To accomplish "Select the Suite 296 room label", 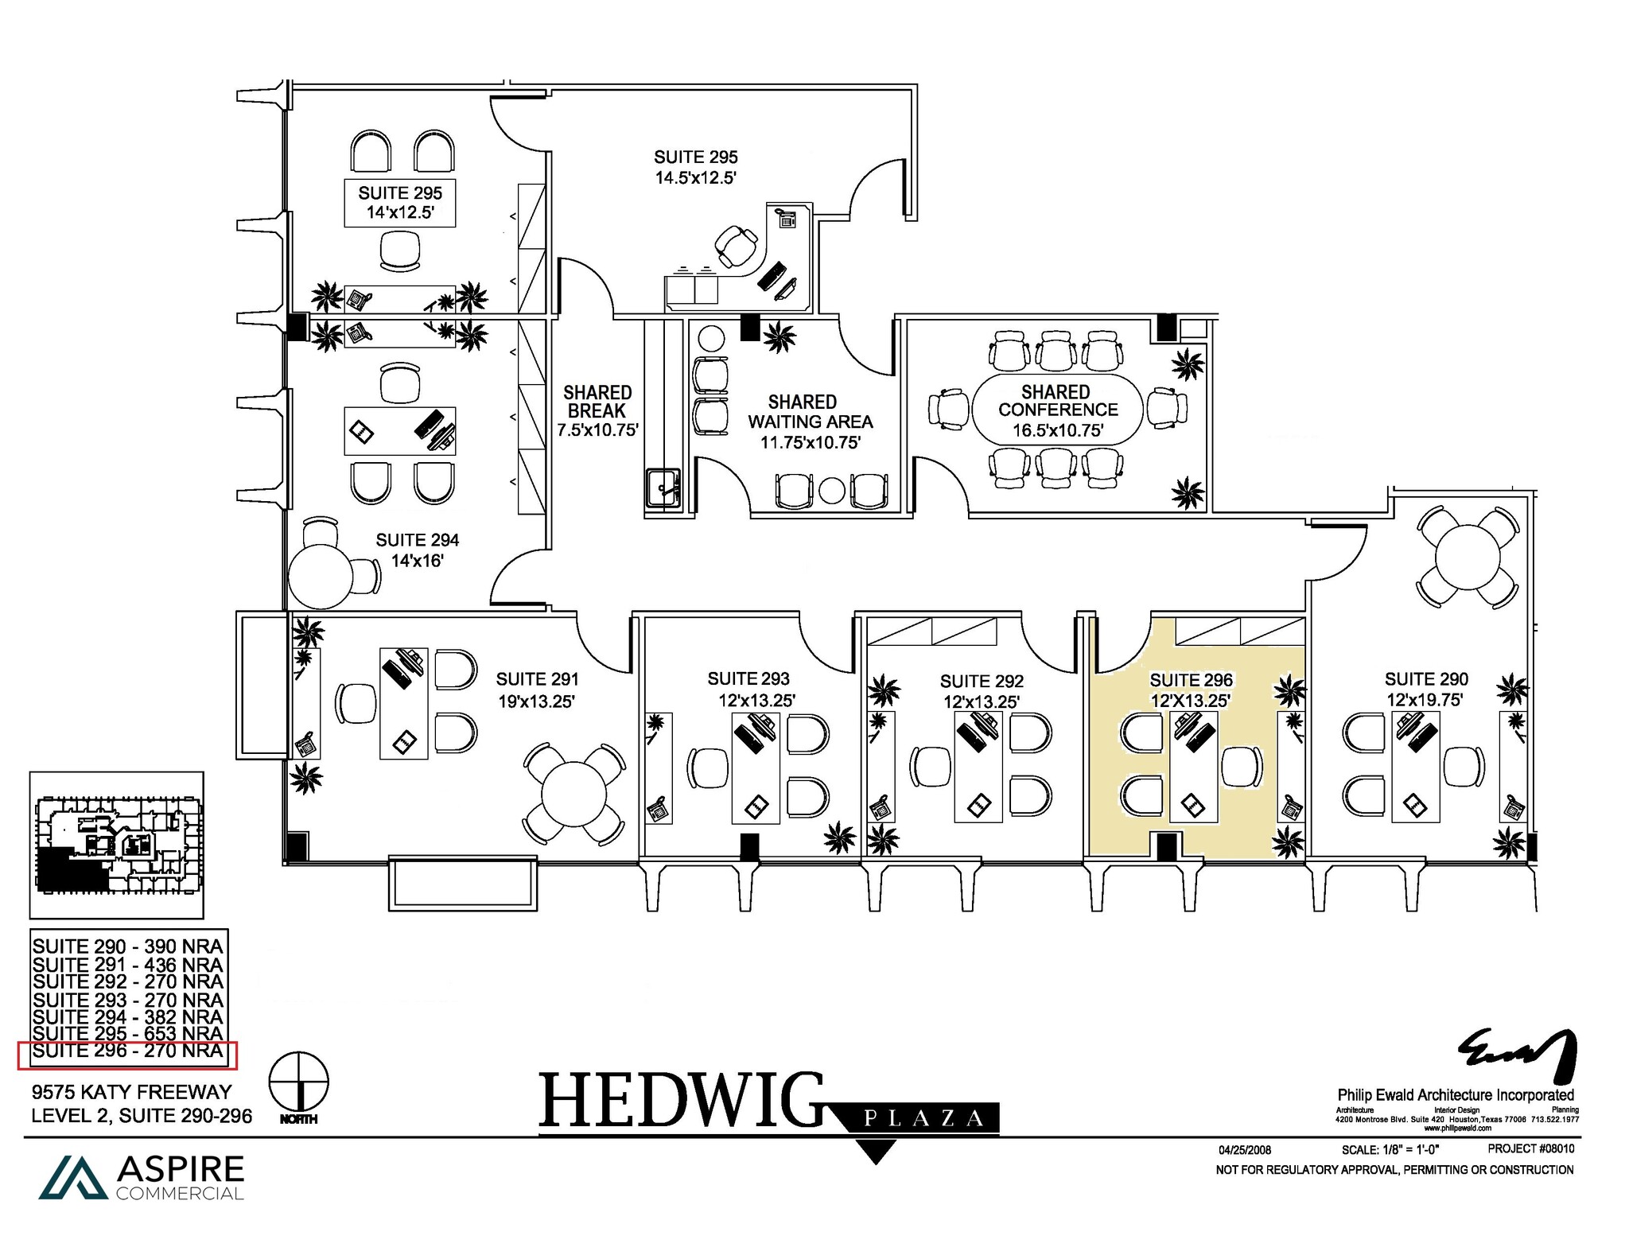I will coord(1191,690).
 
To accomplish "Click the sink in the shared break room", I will coord(662,487).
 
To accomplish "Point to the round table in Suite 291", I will coord(573,795).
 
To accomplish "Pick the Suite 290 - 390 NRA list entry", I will coord(127,946).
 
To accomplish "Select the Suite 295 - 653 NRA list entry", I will coord(127,1034).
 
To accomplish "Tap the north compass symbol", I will coord(299,1083).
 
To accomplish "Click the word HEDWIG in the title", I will coord(681,1101).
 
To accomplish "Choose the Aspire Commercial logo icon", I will coord(73,1177).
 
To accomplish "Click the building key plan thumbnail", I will coord(117,845).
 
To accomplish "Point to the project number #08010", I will coord(1530,1148).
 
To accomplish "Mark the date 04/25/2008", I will coord(1245,1150).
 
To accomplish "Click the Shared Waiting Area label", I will coord(810,422).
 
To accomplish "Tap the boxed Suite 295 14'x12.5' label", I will coord(400,203).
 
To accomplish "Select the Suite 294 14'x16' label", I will coord(417,550).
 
